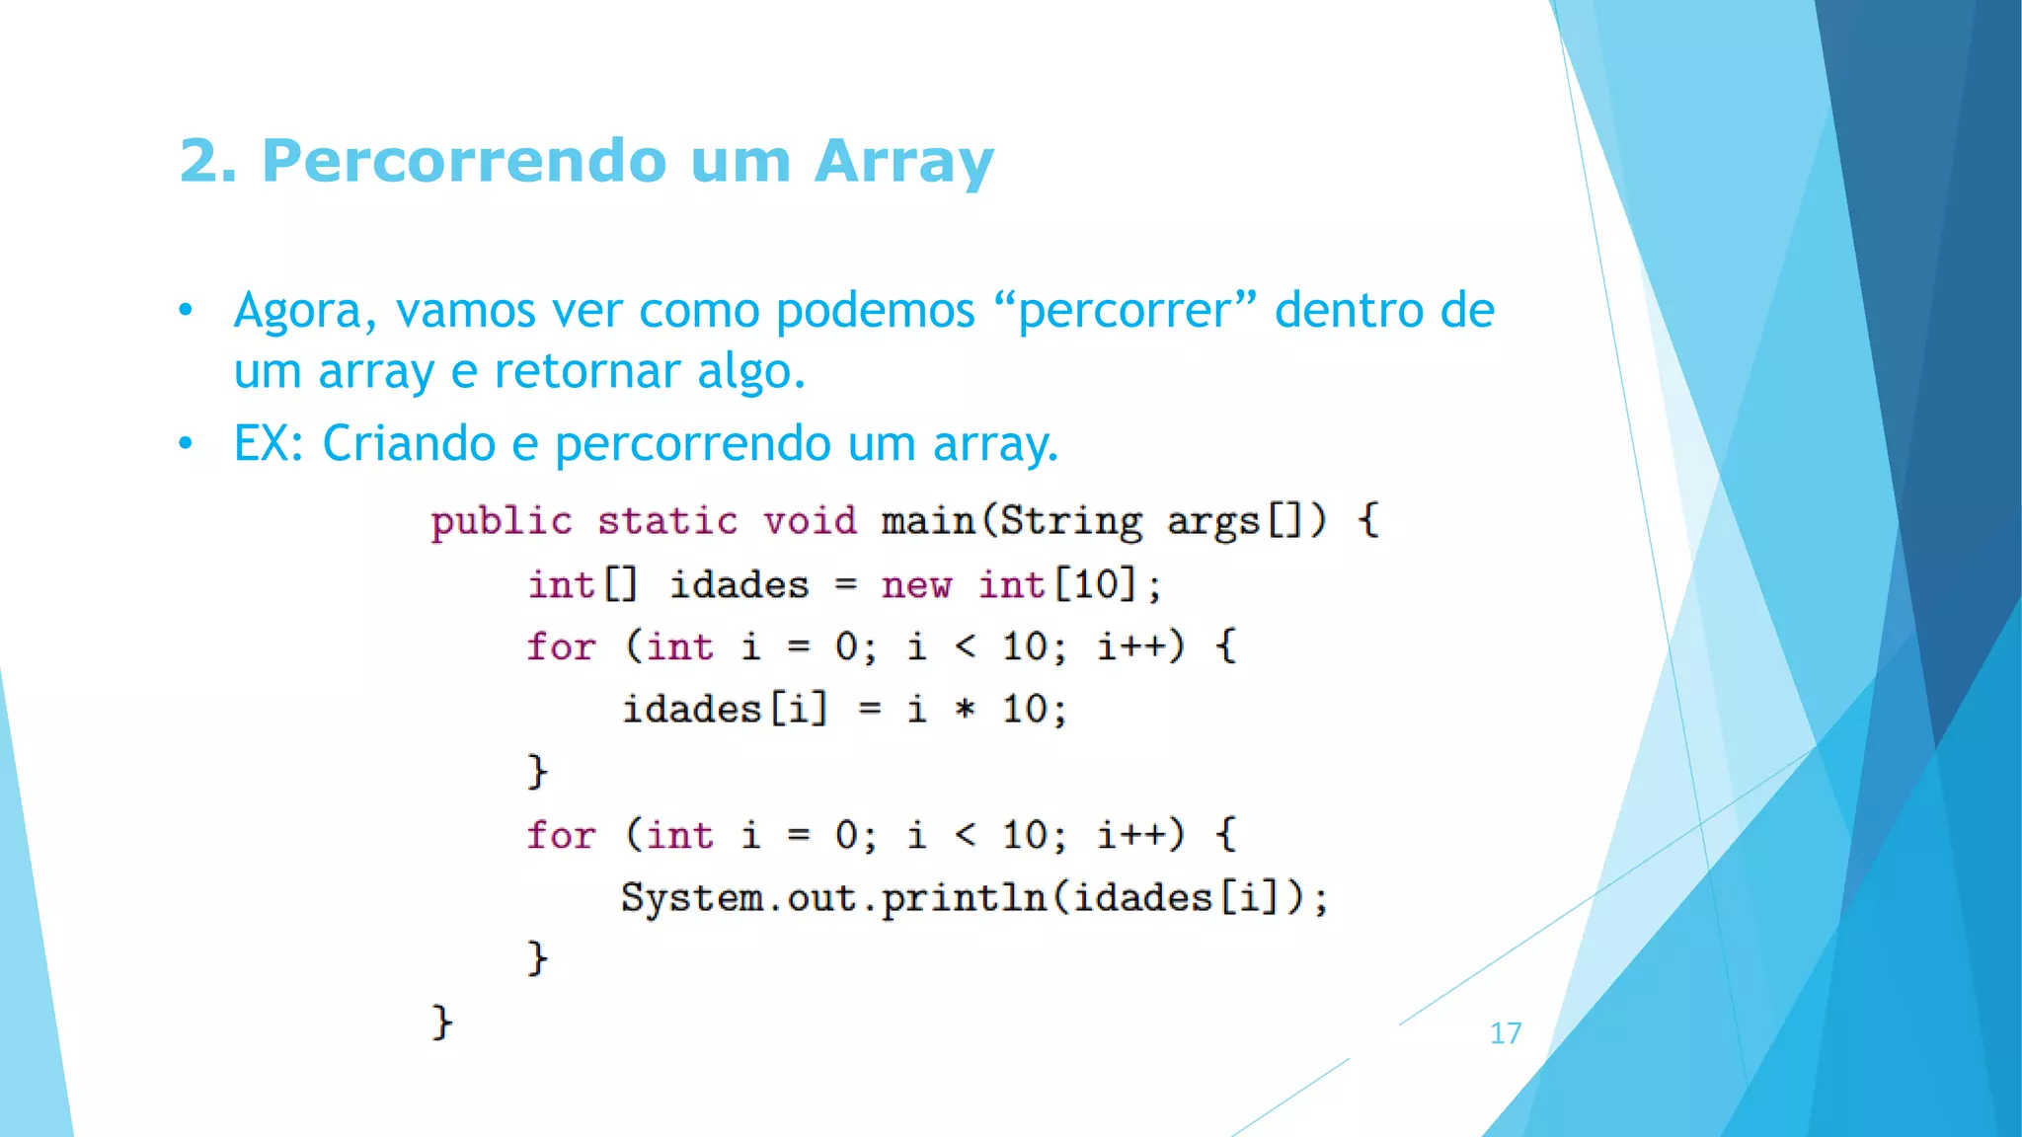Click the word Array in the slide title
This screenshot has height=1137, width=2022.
[x=903, y=161]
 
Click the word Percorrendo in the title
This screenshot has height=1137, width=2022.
[x=464, y=161]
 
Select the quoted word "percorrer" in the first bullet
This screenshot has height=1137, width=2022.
[x=1126, y=311]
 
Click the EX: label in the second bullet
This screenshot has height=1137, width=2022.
[x=269, y=443]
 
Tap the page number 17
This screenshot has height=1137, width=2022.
[x=1506, y=1033]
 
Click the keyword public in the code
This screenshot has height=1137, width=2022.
[x=502, y=521]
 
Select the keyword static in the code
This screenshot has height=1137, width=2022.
[x=667, y=521]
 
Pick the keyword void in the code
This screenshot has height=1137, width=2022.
[x=810, y=521]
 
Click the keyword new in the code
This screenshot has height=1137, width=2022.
[x=916, y=585]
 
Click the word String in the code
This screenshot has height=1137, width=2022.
[x=1071, y=521]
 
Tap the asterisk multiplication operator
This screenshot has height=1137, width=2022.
[x=966, y=710]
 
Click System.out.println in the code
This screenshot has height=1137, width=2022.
[x=833, y=898]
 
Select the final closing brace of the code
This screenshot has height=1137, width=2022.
[x=441, y=1022]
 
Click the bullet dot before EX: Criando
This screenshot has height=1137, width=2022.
[x=186, y=444]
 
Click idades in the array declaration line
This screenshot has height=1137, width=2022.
[x=739, y=585]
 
